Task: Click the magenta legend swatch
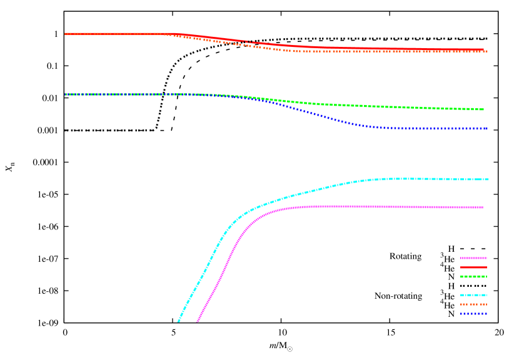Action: coord(473,258)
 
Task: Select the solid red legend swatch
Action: coord(473,267)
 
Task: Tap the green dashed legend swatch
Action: coord(473,276)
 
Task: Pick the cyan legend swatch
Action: coord(473,295)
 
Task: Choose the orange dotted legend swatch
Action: coord(473,304)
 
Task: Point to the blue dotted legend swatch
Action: coord(473,314)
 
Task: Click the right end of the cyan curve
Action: coord(488,179)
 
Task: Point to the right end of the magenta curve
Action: coord(483,207)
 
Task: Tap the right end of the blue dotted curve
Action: coord(486,129)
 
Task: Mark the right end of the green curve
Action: coord(483,109)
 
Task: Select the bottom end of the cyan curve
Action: coord(178,322)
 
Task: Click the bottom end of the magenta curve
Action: coord(198,322)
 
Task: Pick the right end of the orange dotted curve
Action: coord(486,52)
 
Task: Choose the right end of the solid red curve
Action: coord(483,49)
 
